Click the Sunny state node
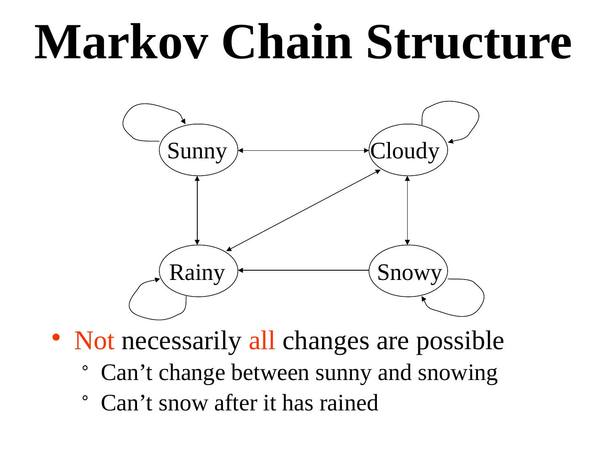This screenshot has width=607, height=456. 197,150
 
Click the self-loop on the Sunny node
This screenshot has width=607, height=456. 126,122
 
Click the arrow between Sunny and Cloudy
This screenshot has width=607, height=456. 303,150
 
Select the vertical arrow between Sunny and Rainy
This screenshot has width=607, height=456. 197,210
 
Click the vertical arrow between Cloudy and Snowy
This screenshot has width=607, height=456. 407,210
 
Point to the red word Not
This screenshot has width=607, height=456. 94,341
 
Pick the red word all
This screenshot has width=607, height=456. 262,341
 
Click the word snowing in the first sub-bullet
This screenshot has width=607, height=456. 457,373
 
